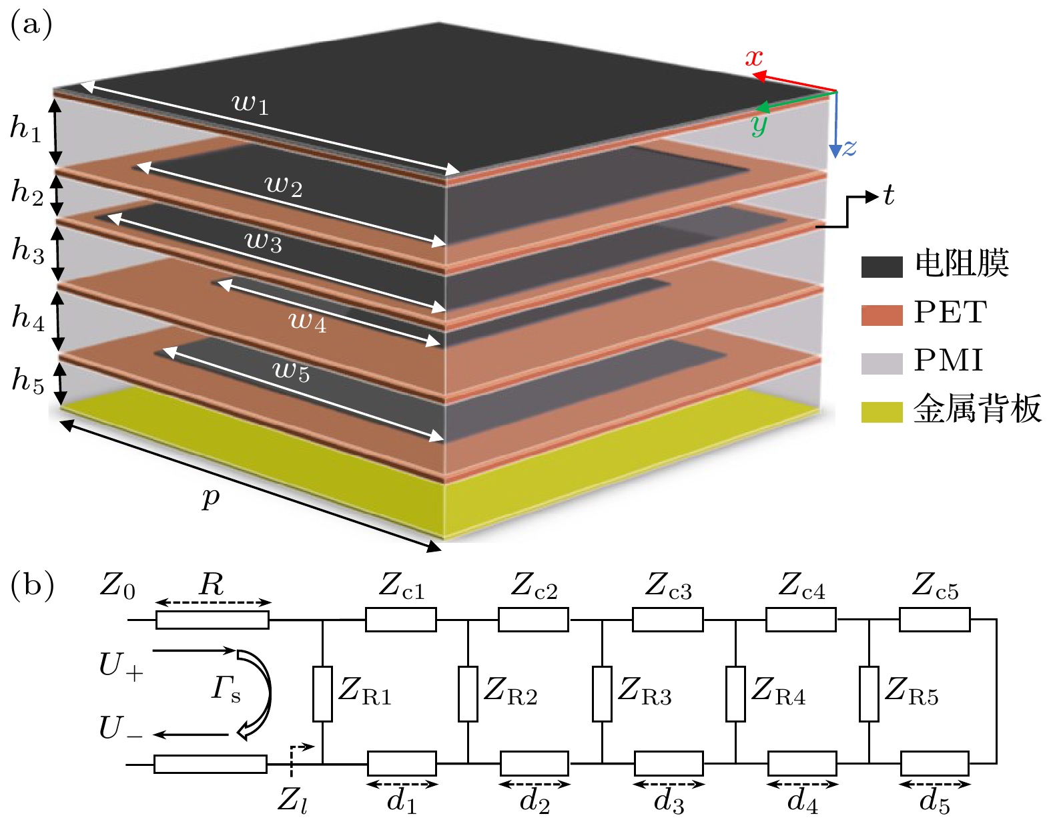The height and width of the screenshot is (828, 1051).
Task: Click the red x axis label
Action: [754, 58]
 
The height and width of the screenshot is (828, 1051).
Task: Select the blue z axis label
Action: [849, 148]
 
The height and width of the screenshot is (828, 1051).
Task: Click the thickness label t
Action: [888, 196]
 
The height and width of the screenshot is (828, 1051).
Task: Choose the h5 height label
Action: [27, 381]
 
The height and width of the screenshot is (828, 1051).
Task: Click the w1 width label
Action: [250, 103]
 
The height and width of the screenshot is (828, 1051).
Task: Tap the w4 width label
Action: [307, 321]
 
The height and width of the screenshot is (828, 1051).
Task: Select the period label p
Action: [211, 497]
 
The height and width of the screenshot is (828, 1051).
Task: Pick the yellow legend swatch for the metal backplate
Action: [882, 411]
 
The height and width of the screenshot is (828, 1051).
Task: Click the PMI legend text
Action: [948, 361]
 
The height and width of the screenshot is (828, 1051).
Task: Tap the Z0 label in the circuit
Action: [117, 586]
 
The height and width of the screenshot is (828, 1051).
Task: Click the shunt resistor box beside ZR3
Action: [602, 694]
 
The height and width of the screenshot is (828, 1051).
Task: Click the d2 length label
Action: [535, 802]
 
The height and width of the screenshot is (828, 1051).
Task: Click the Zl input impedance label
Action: [292, 800]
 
